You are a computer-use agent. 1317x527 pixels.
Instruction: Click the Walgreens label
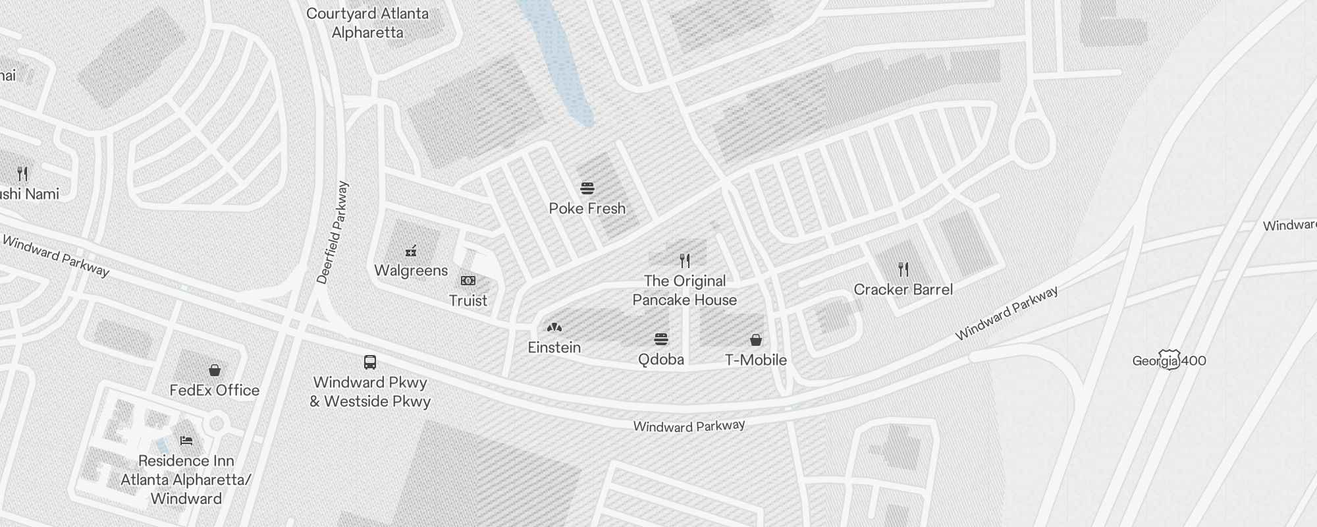411,271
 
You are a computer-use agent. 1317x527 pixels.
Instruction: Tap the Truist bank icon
468,281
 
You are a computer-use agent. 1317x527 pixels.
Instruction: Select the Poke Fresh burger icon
587,188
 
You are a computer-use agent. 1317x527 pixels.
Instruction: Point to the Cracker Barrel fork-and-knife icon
903,269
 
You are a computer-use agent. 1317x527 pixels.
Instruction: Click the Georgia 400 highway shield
1169,360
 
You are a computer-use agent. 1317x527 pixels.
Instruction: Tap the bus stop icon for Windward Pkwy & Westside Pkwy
370,362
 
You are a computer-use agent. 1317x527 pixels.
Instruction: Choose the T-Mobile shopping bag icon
756,340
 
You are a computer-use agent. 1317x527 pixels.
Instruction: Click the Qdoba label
661,360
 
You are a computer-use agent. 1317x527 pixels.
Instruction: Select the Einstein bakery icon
554,327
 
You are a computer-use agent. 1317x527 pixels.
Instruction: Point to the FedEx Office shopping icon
215,370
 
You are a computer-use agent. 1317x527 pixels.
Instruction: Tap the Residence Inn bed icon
186,440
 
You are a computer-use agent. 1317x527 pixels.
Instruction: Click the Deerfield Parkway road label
333,233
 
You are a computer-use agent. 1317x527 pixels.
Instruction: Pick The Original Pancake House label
685,291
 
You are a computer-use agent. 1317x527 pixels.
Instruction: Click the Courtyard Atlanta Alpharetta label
367,23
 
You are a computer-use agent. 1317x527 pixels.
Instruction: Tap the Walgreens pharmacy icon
411,250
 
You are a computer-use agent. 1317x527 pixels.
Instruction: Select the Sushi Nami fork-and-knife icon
23,174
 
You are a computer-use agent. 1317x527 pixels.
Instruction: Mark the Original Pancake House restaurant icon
685,261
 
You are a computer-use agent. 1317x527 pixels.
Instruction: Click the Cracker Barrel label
903,290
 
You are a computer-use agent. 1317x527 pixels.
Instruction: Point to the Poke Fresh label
587,209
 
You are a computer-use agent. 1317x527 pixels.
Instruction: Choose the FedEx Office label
215,391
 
